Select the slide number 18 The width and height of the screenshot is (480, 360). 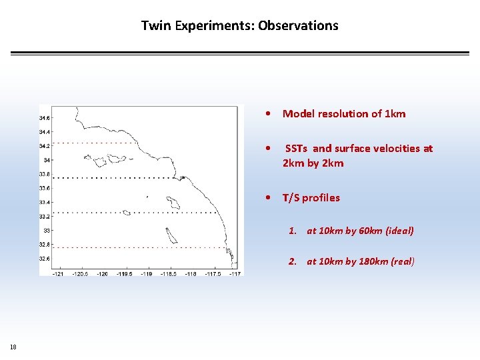(x=13, y=347)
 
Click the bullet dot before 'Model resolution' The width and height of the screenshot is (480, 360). (x=267, y=114)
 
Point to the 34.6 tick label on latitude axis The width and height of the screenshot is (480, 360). (x=45, y=118)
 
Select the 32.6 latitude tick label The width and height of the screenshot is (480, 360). (x=45, y=258)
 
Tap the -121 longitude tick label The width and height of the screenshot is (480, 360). (x=58, y=273)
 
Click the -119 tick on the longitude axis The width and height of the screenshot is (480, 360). (x=146, y=273)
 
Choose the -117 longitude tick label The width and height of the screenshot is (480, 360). (x=234, y=273)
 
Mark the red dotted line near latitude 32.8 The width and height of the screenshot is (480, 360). (x=133, y=247)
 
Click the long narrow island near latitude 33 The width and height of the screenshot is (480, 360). (x=171, y=235)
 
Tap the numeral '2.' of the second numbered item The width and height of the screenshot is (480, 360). (x=293, y=261)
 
